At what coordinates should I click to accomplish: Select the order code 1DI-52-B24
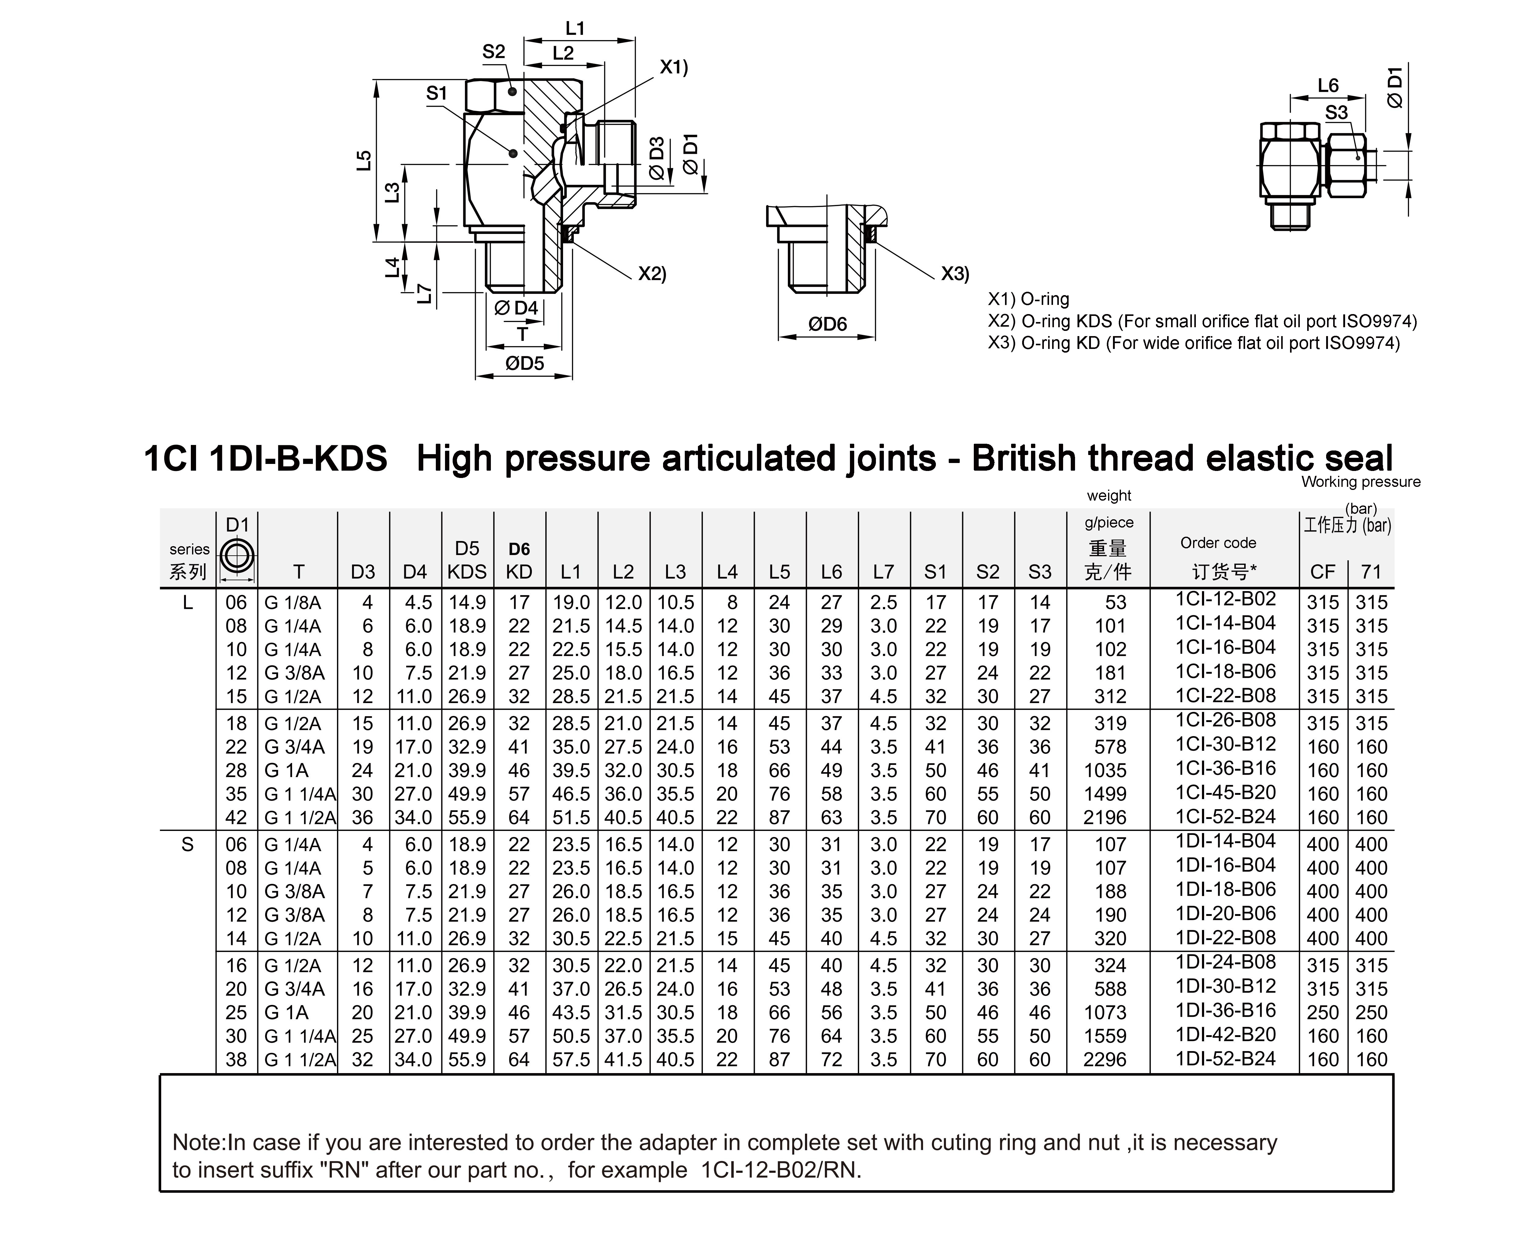tap(1225, 1059)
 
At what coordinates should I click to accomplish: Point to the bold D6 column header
tap(519, 549)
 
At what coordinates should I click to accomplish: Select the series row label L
tap(187, 603)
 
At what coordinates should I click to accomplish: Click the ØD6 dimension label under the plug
tap(827, 324)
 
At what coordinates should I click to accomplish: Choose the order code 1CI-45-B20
tap(1225, 793)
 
